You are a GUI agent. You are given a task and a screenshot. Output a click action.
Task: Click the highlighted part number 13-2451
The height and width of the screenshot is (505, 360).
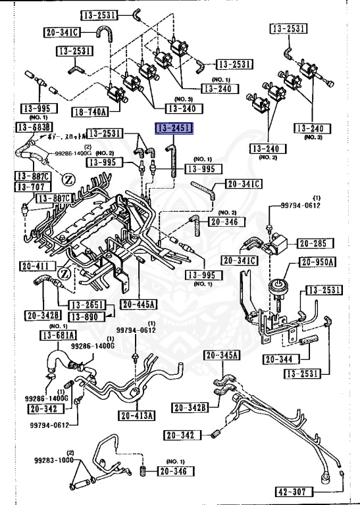click(173, 128)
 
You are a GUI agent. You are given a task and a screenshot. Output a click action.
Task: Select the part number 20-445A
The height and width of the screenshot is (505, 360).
click(138, 304)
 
